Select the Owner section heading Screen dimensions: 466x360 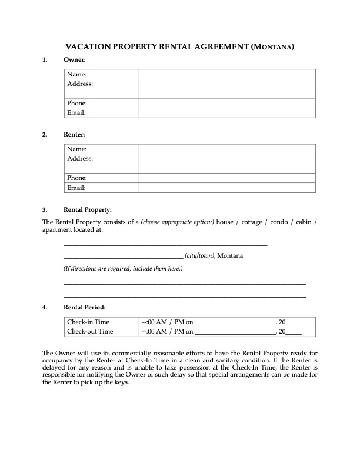75,60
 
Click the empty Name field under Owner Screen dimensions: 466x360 227,74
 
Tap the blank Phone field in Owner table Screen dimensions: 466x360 227,103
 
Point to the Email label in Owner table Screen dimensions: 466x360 76,112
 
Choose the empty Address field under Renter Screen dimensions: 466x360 227,164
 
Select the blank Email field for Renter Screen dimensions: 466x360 227,188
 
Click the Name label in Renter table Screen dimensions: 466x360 76,149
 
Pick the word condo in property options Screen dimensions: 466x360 280,222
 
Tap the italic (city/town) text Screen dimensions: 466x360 200,256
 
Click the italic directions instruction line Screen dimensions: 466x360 123,269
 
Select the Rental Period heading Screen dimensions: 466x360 85,307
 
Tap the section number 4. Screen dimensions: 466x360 45,307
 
